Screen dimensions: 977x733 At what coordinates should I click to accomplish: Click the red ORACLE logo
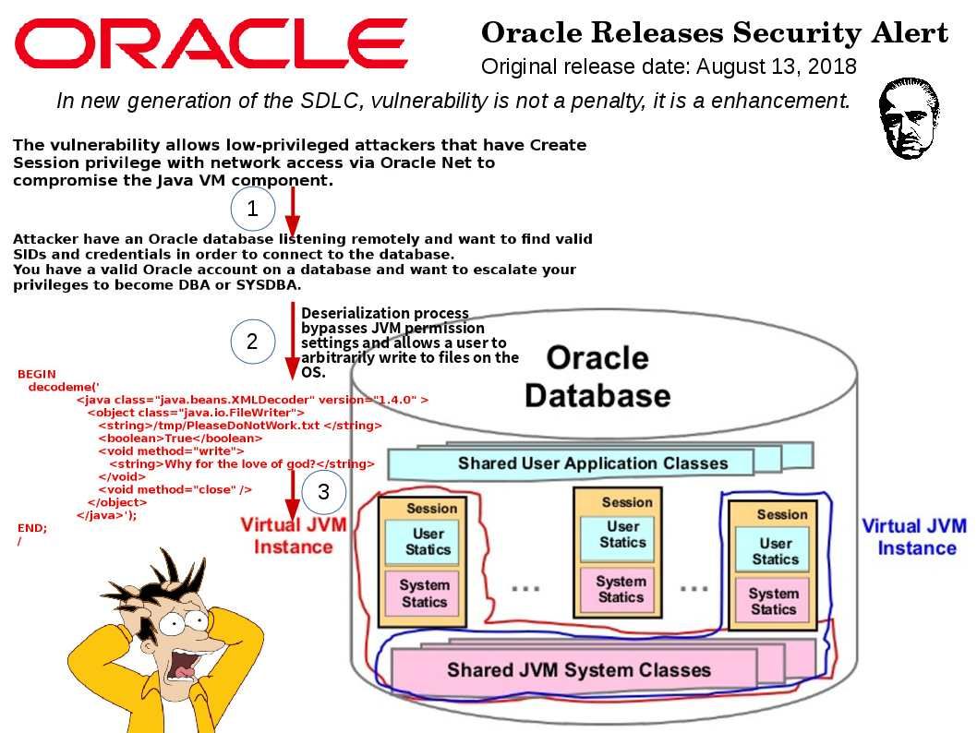point(211,43)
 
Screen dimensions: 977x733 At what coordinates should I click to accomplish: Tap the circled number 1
point(252,208)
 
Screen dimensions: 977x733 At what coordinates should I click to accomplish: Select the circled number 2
point(252,342)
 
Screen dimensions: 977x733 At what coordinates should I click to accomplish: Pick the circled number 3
point(323,491)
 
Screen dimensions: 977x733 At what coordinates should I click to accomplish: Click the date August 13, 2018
point(777,66)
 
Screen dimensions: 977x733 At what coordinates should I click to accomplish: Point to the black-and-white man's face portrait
point(909,117)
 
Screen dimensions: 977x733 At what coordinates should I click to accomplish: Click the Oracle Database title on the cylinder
point(597,376)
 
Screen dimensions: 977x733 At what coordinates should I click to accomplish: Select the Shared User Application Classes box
point(593,463)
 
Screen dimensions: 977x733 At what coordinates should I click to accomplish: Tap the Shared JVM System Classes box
point(578,670)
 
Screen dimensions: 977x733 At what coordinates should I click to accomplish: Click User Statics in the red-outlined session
point(428,542)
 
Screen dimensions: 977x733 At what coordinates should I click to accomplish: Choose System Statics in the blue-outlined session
point(773,601)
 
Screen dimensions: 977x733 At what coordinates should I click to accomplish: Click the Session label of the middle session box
point(627,502)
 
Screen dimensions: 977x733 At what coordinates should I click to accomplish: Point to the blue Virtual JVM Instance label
point(915,537)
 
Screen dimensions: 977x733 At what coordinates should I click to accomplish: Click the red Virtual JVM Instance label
point(294,535)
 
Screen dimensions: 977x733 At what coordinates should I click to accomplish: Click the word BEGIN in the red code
point(37,374)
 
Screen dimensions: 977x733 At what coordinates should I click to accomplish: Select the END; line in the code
point(32,528)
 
